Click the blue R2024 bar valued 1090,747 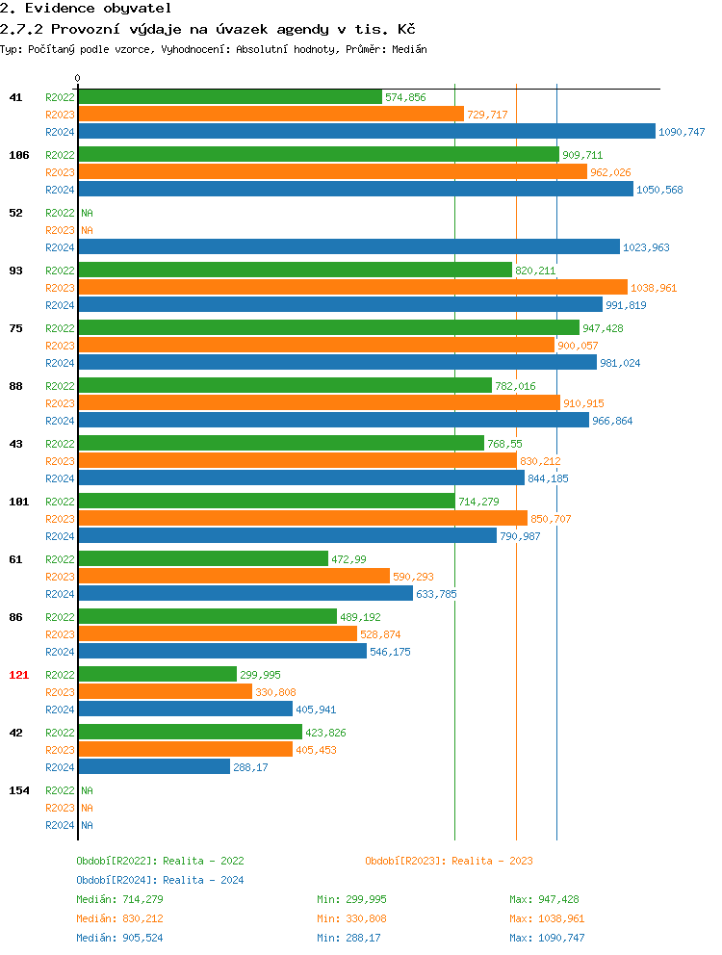click(366, 132)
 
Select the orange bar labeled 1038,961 click(352, 288)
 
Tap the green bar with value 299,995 click(157, 675)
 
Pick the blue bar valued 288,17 click(154, 767)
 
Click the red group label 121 click(18, 675)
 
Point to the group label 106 click(18, 155)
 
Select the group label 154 click(18, 790)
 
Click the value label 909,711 click(582, 155)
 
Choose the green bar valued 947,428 click(328, 328)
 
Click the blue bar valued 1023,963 click(348, 247)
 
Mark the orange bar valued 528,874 click(218, 634)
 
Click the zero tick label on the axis click(78, 78)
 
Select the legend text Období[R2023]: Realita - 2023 click(449, 861)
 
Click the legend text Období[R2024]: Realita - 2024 click(160, 880)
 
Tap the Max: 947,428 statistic click(544, 899)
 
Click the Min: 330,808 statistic click(351, 918)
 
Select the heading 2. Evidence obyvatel click(86, 8)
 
